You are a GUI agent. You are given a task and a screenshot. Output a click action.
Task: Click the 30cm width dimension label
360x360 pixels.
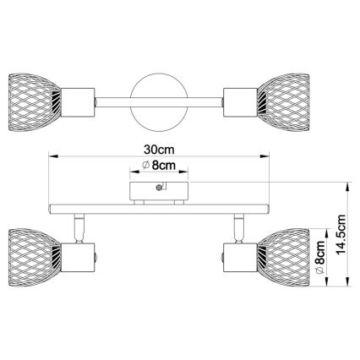(x=158, y=145)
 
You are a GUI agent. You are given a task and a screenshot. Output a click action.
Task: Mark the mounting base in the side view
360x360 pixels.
(x=157, y=191)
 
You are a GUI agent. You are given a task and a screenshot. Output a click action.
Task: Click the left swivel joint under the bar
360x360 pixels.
(x=80, y=226)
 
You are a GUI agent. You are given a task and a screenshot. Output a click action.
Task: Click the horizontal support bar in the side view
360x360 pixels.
(x=157, y=208)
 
